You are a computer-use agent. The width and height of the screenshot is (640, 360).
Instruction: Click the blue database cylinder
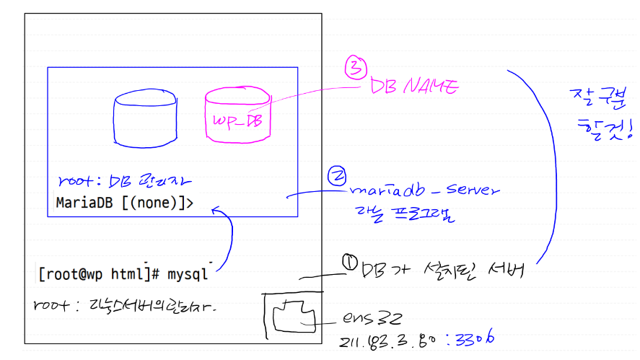click(x=145, y=119)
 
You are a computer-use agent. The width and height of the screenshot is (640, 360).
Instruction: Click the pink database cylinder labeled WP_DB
click(x=238, y=115)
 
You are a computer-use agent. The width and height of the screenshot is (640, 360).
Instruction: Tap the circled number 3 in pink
click(x=354, y=69)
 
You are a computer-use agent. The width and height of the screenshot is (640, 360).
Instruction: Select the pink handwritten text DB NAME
click(x=414, y=87)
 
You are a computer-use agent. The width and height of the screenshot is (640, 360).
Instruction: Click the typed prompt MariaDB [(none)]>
click(x=124, y=203)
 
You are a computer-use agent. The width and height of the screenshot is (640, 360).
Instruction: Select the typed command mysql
click(x=188, y=275)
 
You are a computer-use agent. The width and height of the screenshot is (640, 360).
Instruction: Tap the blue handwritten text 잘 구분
click(x=592, y=96)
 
